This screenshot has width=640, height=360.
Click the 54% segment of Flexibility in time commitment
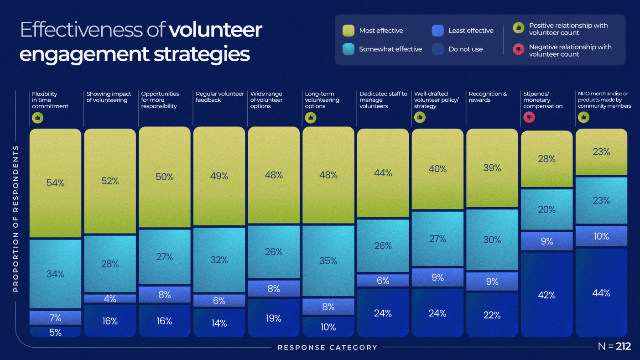55,183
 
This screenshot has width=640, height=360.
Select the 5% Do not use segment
55,332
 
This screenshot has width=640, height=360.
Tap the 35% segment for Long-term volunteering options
328,261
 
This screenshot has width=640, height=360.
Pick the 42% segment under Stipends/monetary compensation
546,295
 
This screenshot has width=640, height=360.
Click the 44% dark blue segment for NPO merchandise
601,293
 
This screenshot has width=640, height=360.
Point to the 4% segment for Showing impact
110,299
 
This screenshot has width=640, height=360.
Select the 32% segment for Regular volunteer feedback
219,260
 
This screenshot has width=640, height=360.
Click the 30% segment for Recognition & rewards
492,240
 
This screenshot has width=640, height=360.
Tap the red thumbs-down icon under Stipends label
529,117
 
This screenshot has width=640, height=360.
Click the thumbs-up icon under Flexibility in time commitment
37,117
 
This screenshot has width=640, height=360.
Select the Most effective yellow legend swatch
349,31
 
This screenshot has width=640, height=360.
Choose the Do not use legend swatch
438,49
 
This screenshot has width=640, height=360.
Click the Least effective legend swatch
438,31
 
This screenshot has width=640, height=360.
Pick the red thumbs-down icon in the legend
518,49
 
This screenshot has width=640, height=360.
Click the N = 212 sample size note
614,347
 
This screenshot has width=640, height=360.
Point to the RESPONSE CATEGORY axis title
328,348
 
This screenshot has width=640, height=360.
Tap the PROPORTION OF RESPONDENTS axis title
16,218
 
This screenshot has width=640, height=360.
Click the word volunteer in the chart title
215,30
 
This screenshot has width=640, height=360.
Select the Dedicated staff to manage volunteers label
383,100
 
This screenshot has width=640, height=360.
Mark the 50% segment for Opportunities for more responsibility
165,177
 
